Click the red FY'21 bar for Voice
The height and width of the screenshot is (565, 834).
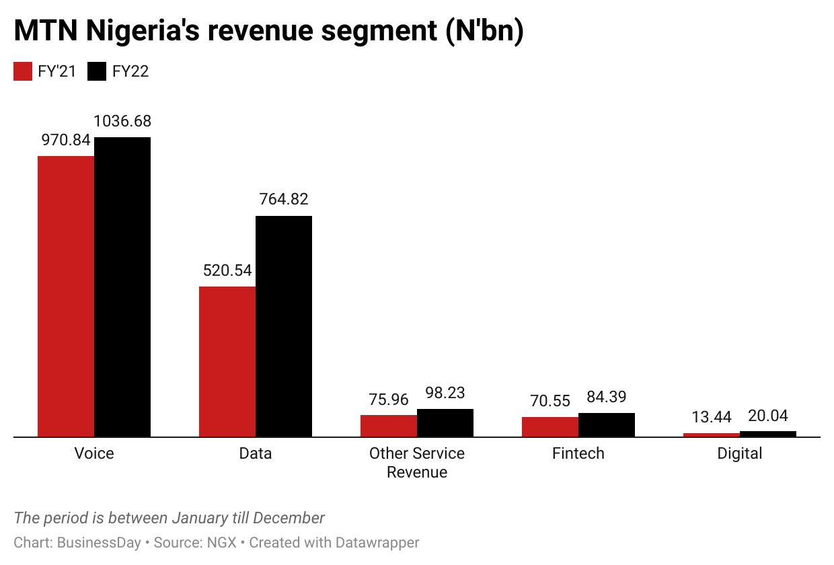(66, 296)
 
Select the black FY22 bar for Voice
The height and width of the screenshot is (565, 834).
(122, 287)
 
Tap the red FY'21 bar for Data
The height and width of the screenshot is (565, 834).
(227, 361)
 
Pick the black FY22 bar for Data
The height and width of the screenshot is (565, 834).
(284, 326)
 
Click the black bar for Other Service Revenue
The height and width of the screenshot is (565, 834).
(445, 423)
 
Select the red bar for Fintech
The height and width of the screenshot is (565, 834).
(550, 427)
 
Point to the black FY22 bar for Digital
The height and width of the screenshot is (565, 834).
(768, 434)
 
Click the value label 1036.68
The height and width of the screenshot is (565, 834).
(122, 122)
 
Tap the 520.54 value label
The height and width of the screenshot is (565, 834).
(227, 270)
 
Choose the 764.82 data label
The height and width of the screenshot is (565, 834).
(284, 200)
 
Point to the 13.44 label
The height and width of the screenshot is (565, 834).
(712, 418)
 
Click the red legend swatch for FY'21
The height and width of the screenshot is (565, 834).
(23, 72)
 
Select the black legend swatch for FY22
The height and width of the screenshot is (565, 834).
(98, 72)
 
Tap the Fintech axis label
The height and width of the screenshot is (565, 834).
(578, 453)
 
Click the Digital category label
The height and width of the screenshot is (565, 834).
(740, 453)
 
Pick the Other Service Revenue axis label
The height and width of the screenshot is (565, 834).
(417, 462)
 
